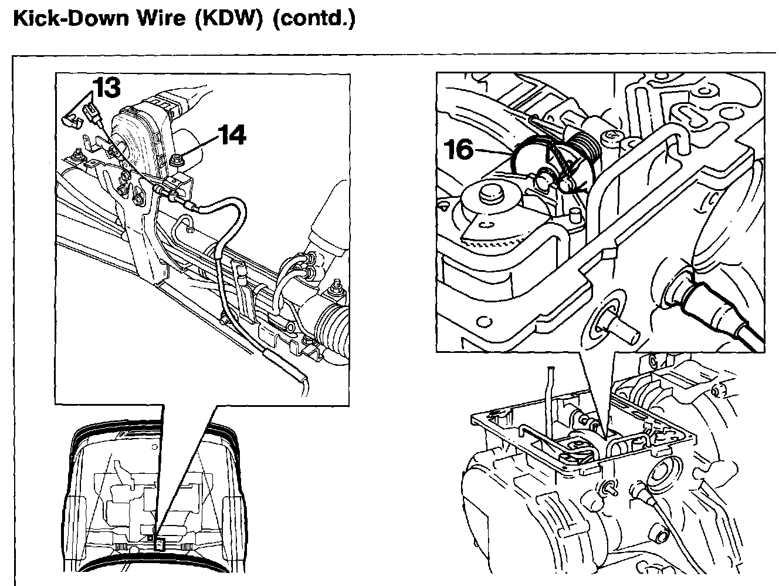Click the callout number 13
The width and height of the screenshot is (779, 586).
click(x=107, y=87)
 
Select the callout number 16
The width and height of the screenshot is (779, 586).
click(x=459, y=150)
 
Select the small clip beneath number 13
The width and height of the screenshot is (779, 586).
click(x=70, y=120)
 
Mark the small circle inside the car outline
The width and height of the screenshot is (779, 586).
click(x=151, y=536)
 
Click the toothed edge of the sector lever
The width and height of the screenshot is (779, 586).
click(x=493, y=241)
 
